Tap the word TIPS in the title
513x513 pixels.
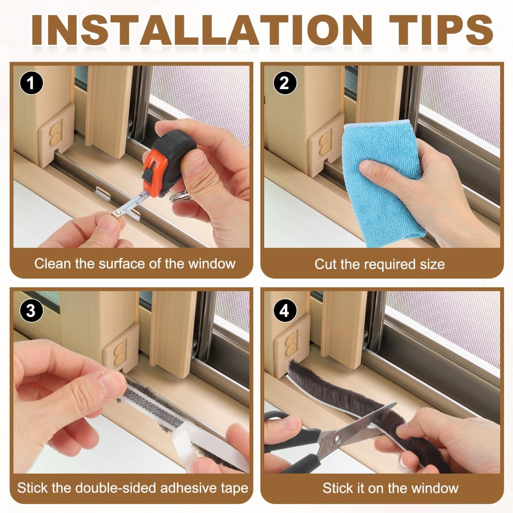tap(441, 29)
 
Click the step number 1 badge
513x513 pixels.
tap(31, 83)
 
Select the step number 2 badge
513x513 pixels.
tap(284, 83)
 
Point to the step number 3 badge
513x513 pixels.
tap(31, 310)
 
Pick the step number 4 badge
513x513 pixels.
tap(284, 310)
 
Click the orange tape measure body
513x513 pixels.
tap(168, 165)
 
